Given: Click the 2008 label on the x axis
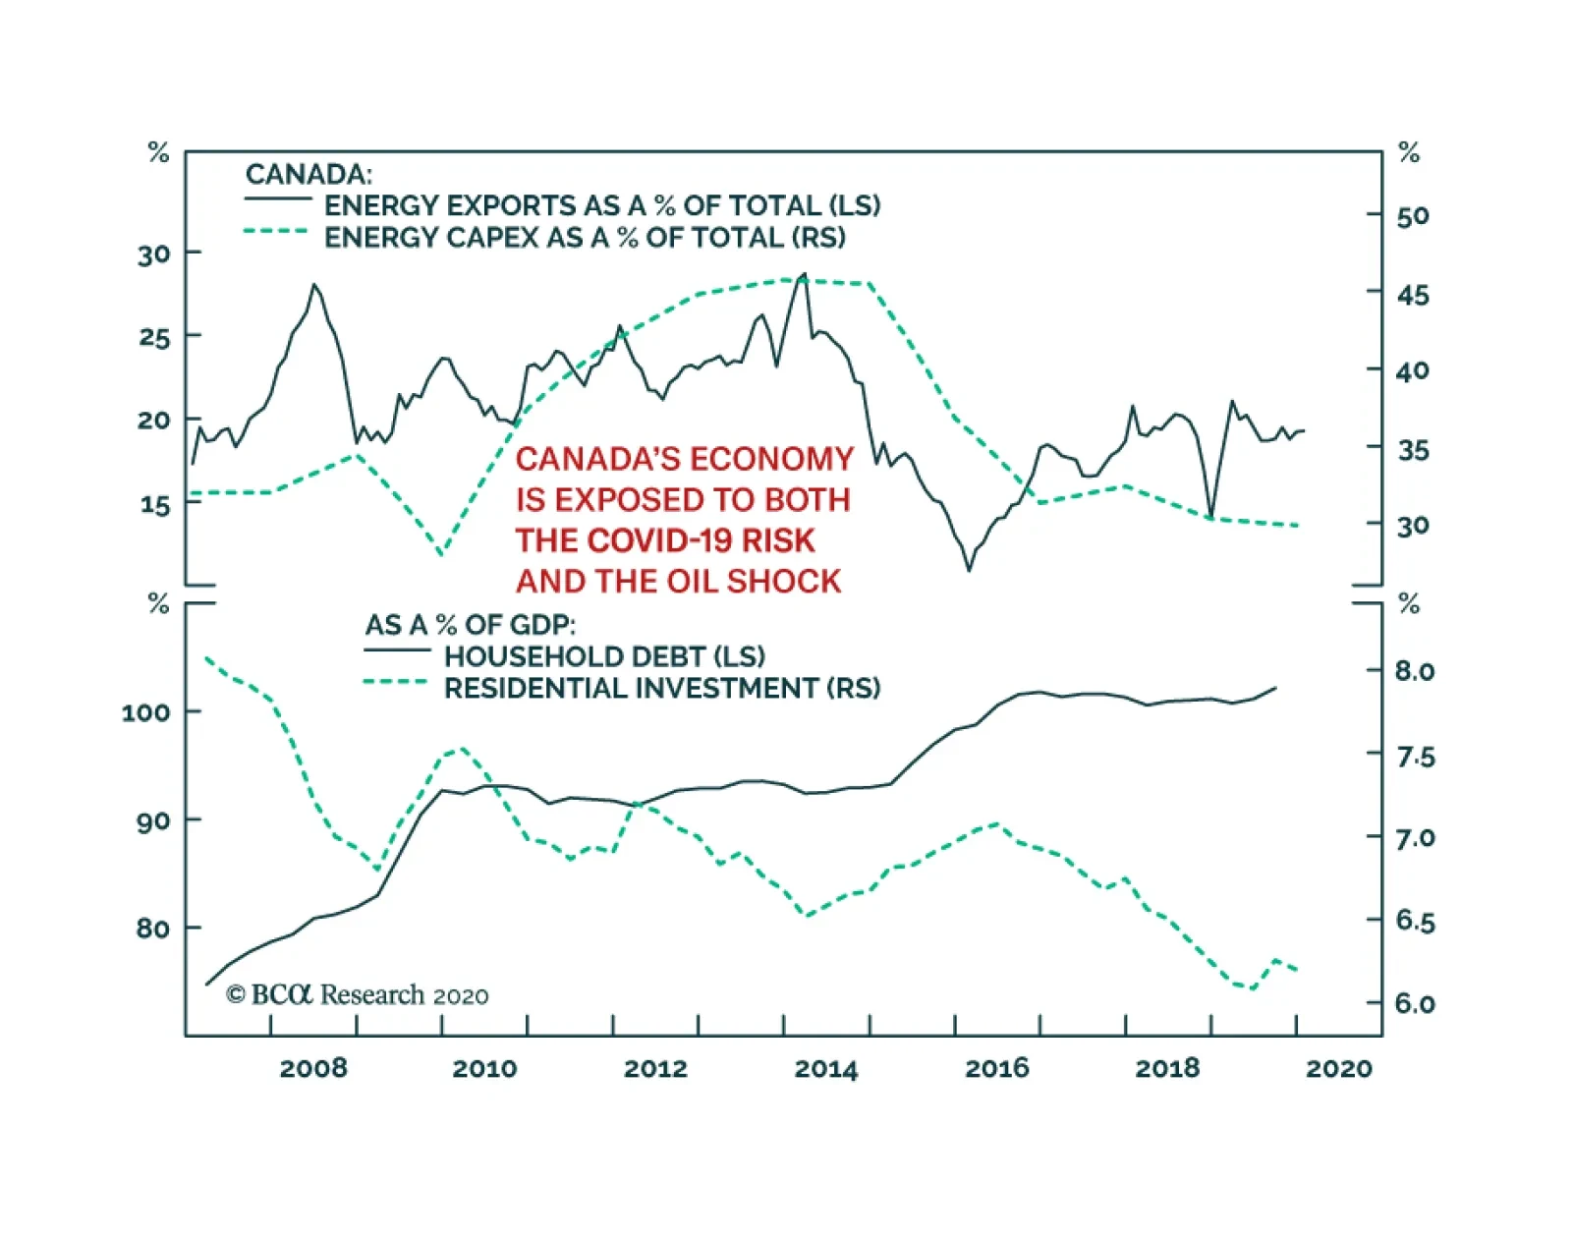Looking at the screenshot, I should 312,1068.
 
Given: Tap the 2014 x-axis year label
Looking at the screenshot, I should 825,1068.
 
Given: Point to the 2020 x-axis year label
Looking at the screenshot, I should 1338,1068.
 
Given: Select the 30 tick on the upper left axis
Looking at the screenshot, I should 154,254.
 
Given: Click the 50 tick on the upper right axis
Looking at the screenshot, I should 1413,216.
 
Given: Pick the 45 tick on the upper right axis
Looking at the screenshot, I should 1413,295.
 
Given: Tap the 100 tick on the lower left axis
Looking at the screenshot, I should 145,711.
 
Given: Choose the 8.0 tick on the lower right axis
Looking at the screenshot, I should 1415,671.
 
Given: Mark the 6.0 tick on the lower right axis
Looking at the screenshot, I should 1415,1003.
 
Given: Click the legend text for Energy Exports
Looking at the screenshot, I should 602,205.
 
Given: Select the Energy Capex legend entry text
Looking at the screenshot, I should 585,237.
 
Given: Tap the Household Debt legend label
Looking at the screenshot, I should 604,656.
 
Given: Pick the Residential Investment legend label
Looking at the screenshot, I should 661,688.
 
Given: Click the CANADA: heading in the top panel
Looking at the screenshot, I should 309,174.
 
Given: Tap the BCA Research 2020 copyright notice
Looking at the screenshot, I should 357,995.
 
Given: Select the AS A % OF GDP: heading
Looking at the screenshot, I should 471,625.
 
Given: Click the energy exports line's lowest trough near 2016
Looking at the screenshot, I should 969,570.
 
